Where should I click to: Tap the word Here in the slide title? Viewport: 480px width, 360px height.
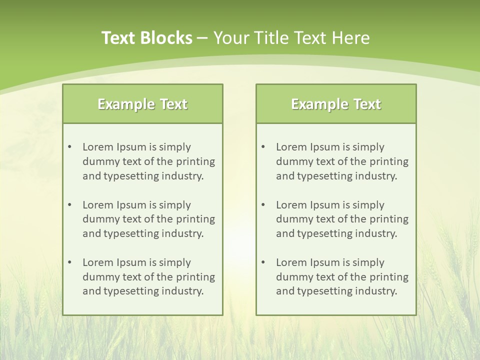tap(352, 38)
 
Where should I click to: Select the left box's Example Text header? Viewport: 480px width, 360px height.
tap(142, 104)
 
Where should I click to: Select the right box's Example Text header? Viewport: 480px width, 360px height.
tap(336, 104)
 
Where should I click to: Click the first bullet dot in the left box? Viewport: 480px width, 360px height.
tap(69, 147)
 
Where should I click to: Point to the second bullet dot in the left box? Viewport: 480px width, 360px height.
tap(69, 205)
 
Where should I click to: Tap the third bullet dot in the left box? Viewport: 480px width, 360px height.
tap(69, 262)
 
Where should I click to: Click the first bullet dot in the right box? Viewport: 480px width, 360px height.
tap(263, 147)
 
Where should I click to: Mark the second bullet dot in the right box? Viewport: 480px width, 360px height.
tap(263, 205)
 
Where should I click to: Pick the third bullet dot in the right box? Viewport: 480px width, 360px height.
tap(263, 262)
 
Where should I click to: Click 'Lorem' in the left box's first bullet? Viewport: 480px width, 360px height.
tap(97, 147)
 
